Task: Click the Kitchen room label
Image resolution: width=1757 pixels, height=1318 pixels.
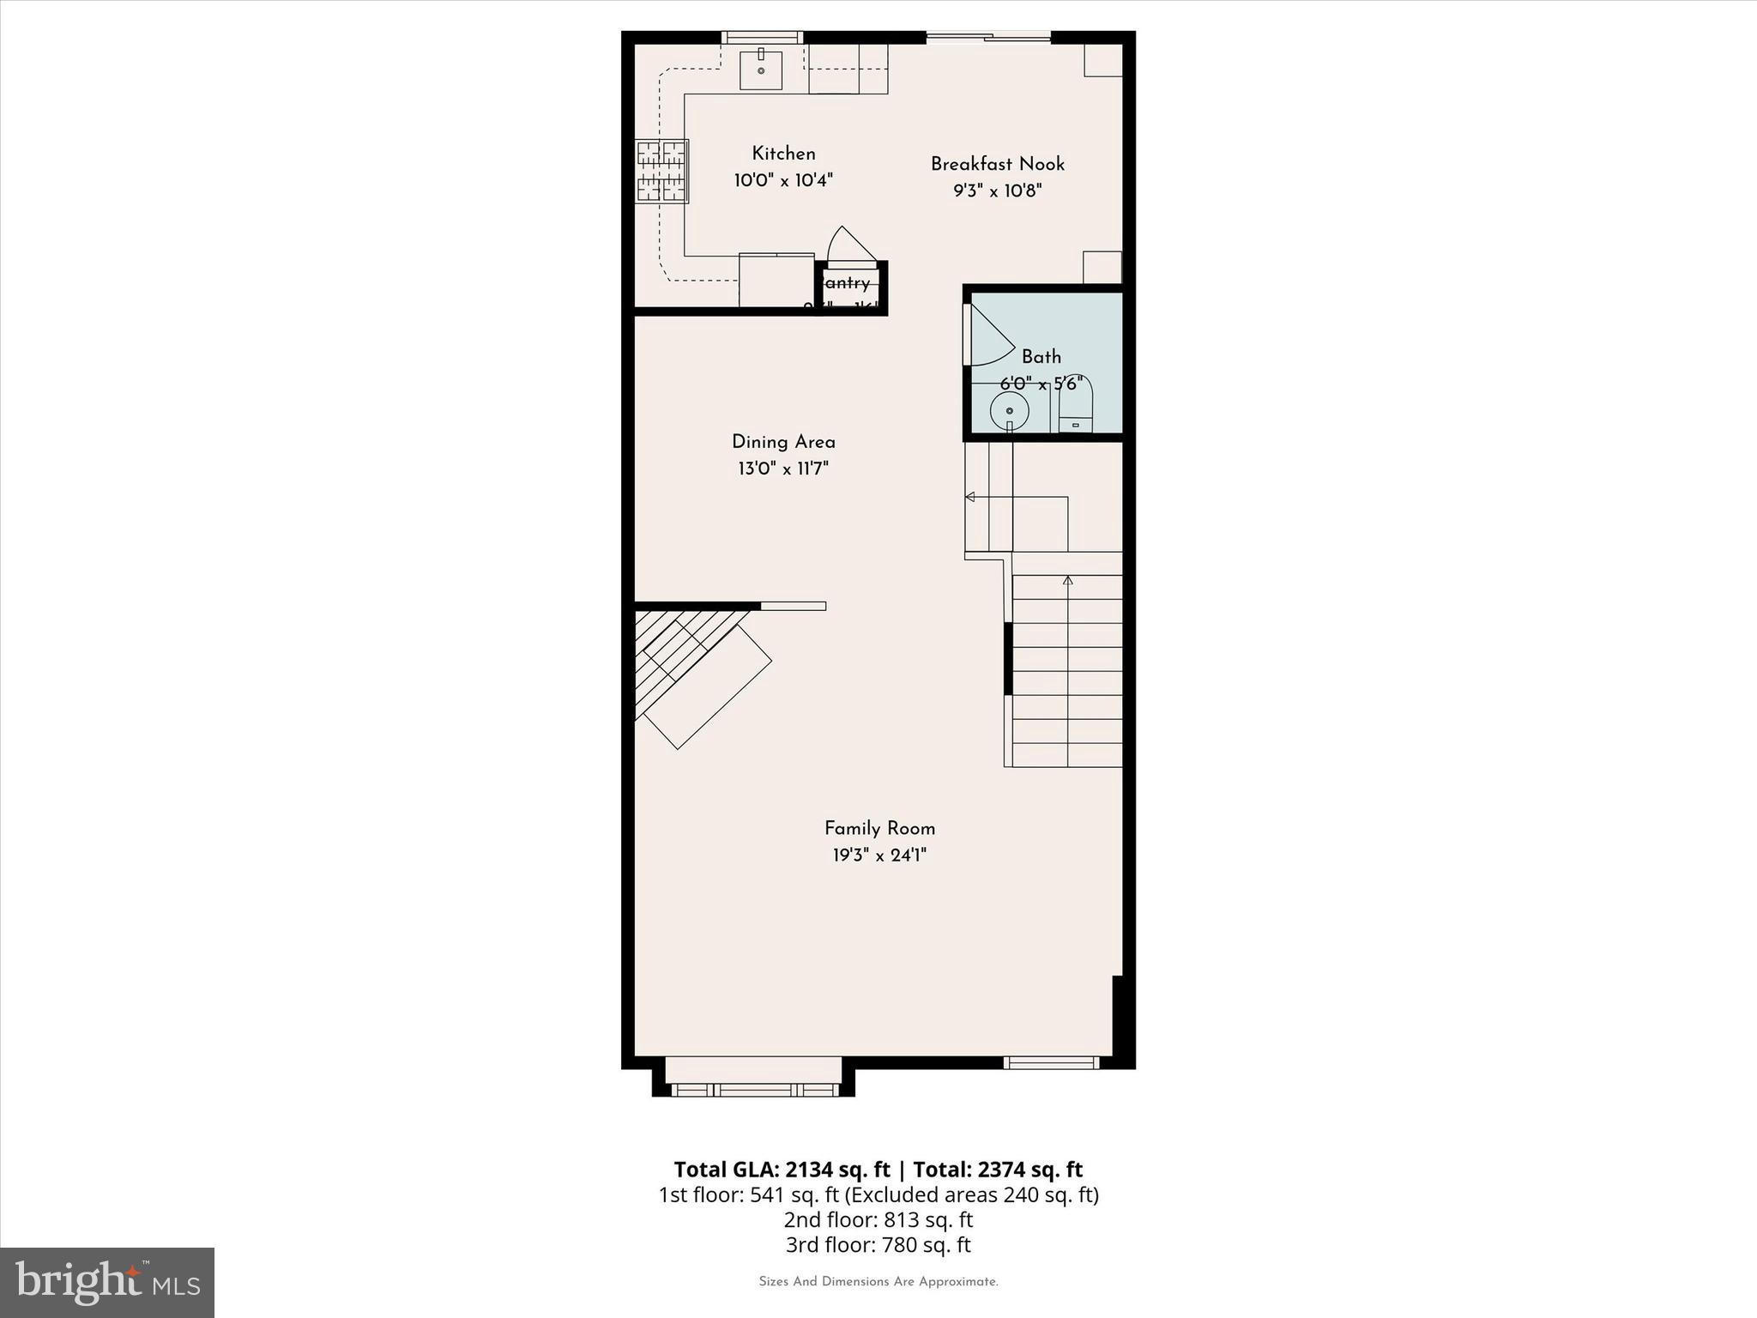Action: point(783,154)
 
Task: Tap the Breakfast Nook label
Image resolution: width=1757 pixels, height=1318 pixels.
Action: point(997,164)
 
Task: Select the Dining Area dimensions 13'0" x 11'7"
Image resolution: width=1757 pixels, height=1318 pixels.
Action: point(782,469)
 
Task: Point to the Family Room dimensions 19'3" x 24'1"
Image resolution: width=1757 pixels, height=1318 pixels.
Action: point(879,855)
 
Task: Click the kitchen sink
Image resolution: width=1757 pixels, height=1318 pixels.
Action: point(761,70)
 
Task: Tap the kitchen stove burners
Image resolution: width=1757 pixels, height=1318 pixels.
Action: point(661,172)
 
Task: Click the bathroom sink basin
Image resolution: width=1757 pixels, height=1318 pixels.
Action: point(1010,412)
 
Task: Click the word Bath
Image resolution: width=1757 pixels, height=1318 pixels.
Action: point(1041,357)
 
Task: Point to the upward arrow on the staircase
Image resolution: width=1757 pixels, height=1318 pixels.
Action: point(1067,581)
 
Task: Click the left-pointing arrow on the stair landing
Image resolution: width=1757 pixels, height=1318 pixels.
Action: point(970,497)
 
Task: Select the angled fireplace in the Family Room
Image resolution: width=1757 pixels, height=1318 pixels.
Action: point(699,674)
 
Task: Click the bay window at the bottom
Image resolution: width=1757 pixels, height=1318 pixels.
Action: point(754,1088)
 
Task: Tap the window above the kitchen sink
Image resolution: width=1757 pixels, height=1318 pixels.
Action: point(761,37)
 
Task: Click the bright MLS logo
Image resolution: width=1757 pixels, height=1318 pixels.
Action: point(107,1282)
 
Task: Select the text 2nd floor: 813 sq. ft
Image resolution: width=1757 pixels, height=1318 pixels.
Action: point(878,1219)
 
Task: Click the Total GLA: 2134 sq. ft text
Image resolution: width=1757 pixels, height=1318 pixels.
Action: point(782,1170)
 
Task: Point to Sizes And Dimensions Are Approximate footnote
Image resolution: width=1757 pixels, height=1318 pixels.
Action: point(878,1282)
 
